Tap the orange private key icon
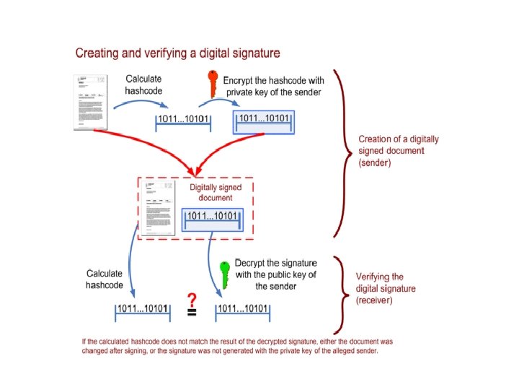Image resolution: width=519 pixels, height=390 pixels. (x=213, y=82)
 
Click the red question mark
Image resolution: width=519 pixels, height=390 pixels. (x=192, y=299)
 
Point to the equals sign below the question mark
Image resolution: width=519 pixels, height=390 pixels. (x=192, y=313)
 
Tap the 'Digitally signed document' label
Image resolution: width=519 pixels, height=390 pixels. (x=216, y=192)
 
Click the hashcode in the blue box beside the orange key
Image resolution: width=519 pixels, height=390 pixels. (x=263, y=119)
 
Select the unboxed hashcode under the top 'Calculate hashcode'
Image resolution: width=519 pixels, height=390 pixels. (x=183, y=121)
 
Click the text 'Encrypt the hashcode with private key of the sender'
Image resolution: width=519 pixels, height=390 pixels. (x=273, y=86)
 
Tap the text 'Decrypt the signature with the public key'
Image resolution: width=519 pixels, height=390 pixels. (x=275, y=274)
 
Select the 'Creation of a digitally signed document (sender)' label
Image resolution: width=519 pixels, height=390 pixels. (x=399, y=151)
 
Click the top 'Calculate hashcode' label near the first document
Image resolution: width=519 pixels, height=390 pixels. (x=144, y=84)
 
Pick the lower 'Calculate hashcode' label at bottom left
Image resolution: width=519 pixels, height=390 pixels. (x=105, y=279)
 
